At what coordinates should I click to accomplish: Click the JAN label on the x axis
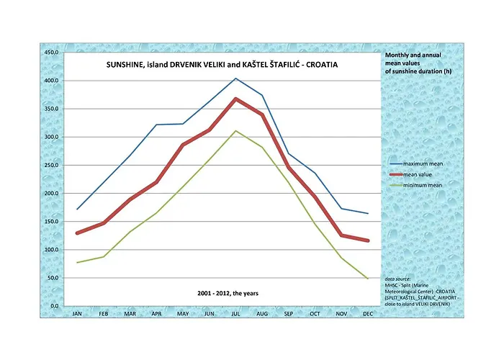click(x=77, y=314)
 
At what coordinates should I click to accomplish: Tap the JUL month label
click(x=235, y=314)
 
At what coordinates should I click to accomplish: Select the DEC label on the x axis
click(x=367, y=314)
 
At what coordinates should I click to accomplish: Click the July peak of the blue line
click(x=235, y=78)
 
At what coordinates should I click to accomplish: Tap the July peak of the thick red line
click(x=235, y=99)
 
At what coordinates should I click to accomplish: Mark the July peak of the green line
click(x=235, y=131)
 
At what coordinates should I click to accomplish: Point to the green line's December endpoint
click(x=367, y=279)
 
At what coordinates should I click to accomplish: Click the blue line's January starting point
click(x=77, y=210)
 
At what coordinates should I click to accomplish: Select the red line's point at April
click(x=156, y=182)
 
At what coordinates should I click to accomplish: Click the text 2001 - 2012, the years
click(x=228, y=293)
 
